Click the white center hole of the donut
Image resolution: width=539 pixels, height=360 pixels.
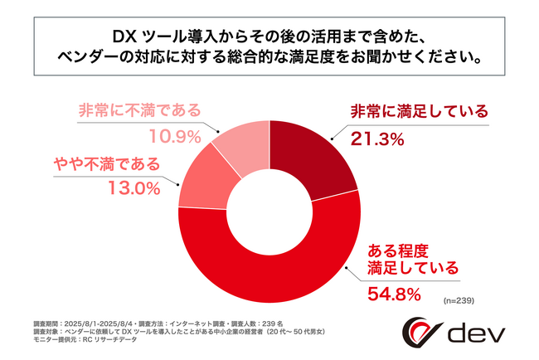[269, 211]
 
